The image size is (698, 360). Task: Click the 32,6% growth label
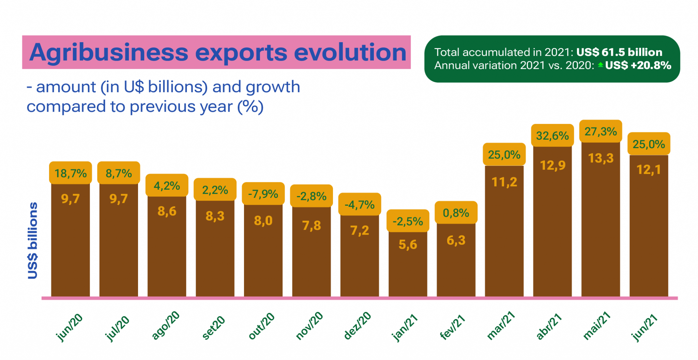(552, 136)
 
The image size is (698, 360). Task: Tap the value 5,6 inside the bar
(408, 245)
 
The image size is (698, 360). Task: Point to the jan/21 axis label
(405, 327)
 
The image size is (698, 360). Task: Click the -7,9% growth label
(263, 194)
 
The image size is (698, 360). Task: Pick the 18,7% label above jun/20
(71, 173)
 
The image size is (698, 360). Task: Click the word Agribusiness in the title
(108, 53)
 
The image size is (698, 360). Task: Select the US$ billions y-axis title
(33, 240)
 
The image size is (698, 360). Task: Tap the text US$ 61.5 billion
(619, 52)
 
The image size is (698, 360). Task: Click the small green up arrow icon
(601, 65)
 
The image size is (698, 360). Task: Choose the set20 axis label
(213, 327)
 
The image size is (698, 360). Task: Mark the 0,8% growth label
(456, 213)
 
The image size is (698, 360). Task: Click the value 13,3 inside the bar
(601, 158)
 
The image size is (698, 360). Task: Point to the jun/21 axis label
(644, 327)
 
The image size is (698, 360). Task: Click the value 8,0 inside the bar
(263, 221)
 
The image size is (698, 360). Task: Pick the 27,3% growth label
(601, 131)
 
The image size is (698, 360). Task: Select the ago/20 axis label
(165, 325)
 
